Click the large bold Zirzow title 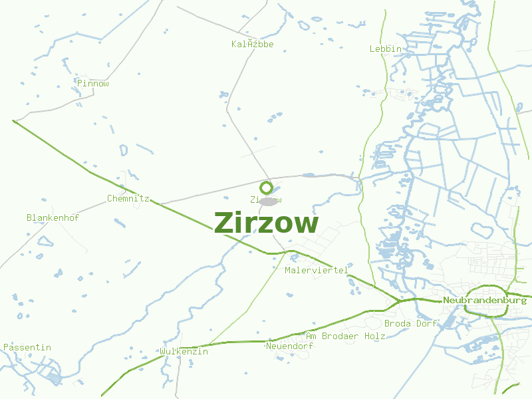pos(266,223)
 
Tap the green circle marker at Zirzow pos(266,188)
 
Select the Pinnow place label pos(93,84)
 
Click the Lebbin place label pos(386,49)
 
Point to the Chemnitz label pos(128,198)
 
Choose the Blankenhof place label pos(53,217)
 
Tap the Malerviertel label pos(317,271)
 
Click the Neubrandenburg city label pos(485,301)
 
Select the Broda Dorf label pos(411,323)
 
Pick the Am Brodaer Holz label pos(346,336)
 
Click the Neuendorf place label pos(289,346)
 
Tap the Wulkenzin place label pos(184,351)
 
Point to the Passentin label pos(27,347)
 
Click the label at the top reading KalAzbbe pos(253,44)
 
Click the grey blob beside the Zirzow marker pos(269,201)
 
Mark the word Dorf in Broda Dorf pos(427,323)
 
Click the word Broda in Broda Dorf pos(398,323)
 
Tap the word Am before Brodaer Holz pos(311,336)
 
